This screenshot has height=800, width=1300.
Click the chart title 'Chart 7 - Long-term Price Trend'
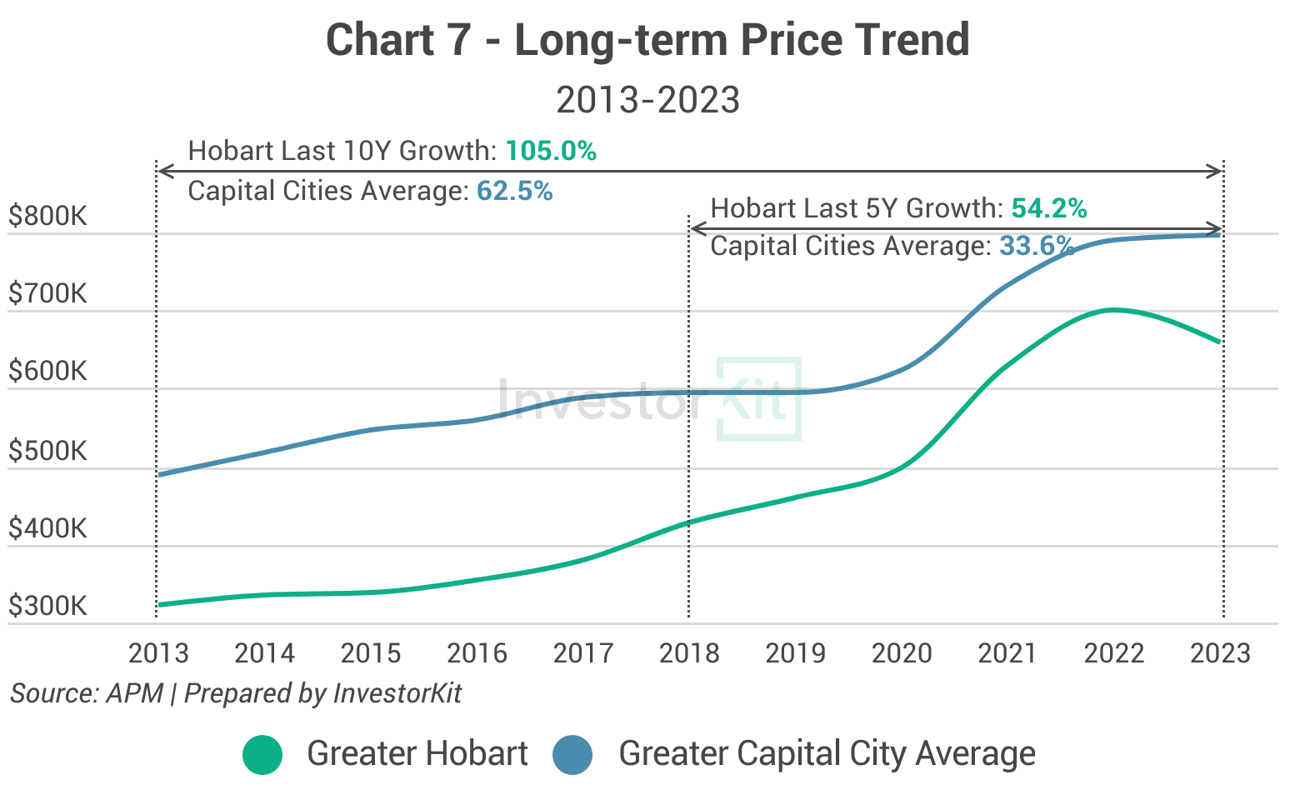click(x=647, y=40)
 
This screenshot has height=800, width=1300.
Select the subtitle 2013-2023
click(x=647, y=101)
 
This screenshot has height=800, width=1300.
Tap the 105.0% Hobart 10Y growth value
click(x=551, y=151)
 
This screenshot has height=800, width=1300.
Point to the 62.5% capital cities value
click(x=514, y=191)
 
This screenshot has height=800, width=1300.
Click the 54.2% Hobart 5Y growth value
click(x=1049, y=208)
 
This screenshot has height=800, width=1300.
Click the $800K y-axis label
click(x=47, y=217)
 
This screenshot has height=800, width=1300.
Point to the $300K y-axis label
click(x=47, y=606)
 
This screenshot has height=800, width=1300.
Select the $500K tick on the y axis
click(x=47, y=451)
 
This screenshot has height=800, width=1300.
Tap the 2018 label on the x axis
click(x=689, y=653)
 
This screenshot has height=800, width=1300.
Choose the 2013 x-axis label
click(x=158, y=653)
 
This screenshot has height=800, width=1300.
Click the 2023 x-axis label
click(x=1221, y=653)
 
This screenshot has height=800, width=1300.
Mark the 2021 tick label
click(x=1007, y=653)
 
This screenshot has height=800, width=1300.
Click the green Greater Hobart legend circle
click(x=263, y=755)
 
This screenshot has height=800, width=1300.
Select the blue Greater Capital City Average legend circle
click(x=572, y=755)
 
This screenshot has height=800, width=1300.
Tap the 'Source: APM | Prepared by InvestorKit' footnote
click(x=236, y=693)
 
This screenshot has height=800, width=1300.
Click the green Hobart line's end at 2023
click(x=1221, y=342)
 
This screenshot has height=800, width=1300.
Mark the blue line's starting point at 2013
click(x=158, y=475)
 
